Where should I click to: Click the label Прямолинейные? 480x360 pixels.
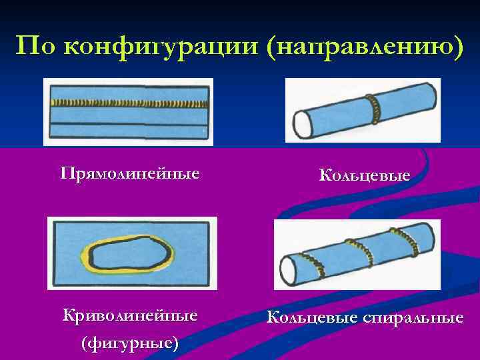point(129,175)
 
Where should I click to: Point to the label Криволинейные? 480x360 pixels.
point(129,315)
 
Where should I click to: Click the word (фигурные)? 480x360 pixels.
point(129,343)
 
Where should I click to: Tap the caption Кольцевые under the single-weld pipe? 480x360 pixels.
point(364,175)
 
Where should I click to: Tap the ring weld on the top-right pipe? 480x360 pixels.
point(374,107)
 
